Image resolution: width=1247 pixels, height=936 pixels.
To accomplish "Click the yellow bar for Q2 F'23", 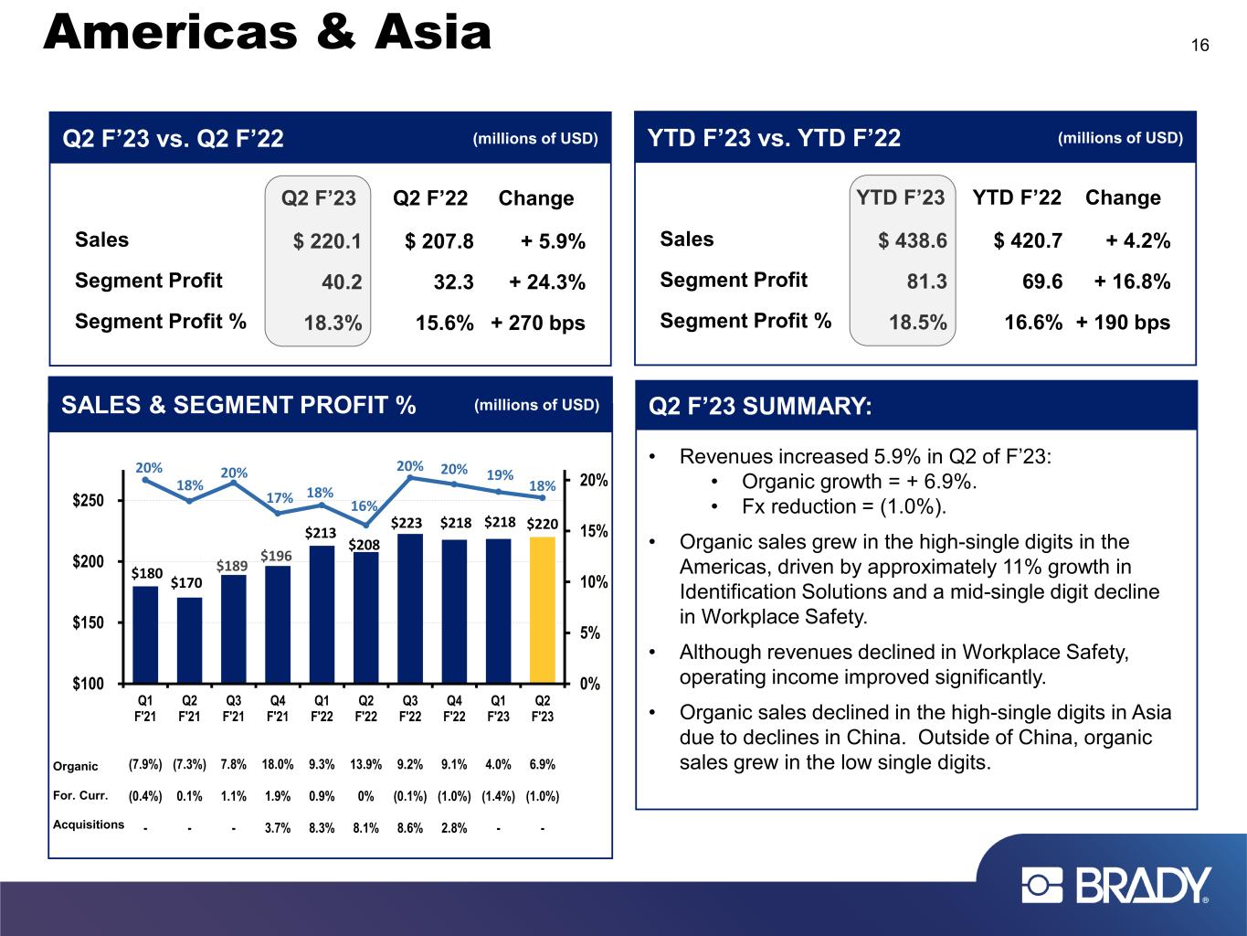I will click(542, 609).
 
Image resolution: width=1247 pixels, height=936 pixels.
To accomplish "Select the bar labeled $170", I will click(189, 639).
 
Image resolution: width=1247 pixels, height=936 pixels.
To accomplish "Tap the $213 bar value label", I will click(321, 532).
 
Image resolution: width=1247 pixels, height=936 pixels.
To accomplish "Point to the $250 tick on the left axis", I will click(88, 501).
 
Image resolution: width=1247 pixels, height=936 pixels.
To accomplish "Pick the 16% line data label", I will click(365, 505).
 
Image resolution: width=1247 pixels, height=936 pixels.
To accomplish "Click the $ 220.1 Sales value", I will click(327, 241).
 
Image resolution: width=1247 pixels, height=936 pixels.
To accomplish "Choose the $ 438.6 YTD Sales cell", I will click(913, 241).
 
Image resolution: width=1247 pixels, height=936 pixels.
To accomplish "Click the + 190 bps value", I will click(1123, 323).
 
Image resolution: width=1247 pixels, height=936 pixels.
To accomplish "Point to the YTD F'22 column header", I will click(1017, 197).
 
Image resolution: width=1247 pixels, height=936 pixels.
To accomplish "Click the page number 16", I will click(1199, 46).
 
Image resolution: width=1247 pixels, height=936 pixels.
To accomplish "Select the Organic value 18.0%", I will click(278, 764).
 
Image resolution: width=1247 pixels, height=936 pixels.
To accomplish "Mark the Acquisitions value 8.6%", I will click(410, 828).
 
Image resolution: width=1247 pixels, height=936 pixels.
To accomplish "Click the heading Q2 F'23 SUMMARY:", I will click(760, 406).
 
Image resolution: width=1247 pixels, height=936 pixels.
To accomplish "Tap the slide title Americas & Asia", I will click(267, 34).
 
